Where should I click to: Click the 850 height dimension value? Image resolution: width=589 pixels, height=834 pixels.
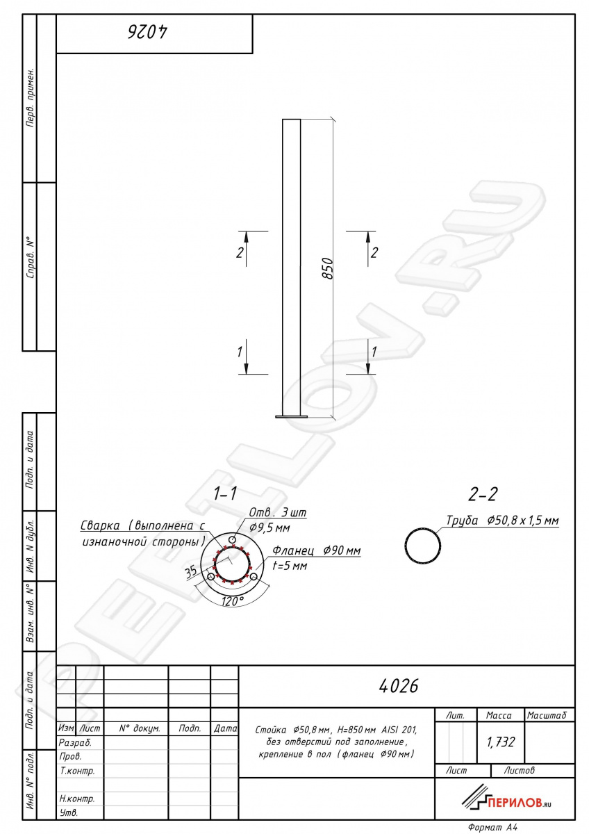click(x=327, y=268)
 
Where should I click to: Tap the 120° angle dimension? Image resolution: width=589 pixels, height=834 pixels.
click(x=233, y=600)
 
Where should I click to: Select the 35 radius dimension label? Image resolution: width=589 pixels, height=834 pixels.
click(x=191, y=572)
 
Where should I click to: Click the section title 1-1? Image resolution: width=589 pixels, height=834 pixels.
click(x=225, y=493)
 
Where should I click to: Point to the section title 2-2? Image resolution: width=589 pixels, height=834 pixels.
click(x=483, y=494)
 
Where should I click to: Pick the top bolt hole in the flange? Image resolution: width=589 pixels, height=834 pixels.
click(x=233, y=539)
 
